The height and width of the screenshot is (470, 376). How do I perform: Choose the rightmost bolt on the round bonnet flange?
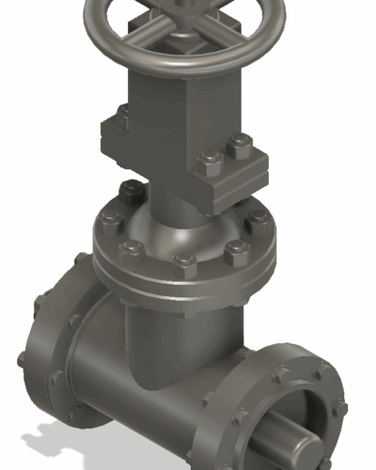pyautogui.click(x=258, y=220)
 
